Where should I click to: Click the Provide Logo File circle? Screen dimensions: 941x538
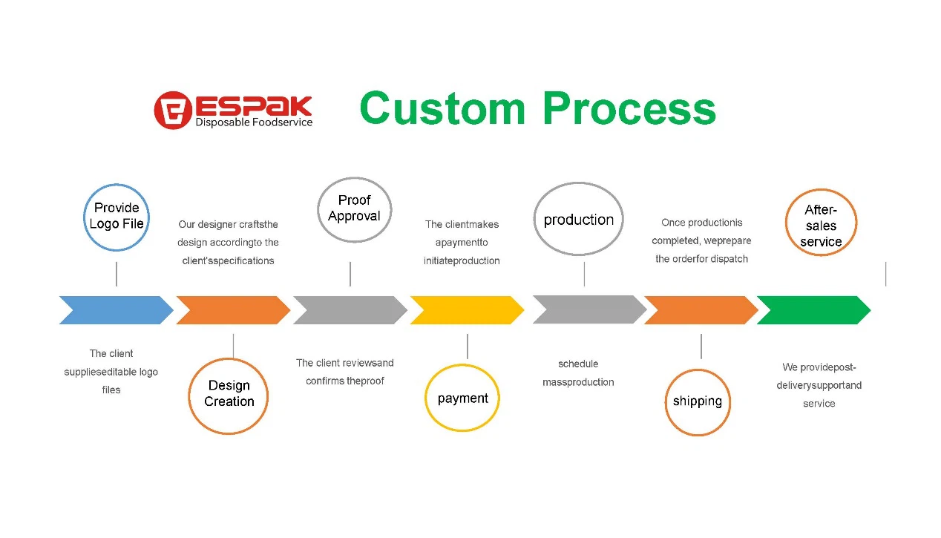coord(84,217)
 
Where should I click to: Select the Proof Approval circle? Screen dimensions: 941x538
coord(318,210)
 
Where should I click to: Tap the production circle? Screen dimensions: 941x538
coord(535,219)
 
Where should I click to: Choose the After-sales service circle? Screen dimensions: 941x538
coord(787,222)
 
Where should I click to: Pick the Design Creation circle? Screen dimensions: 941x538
coord(189,396)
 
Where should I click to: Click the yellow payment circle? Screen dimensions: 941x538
coord(426,397)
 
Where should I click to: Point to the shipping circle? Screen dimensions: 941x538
coord(666,402)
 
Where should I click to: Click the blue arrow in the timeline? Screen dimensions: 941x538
coord(117,310)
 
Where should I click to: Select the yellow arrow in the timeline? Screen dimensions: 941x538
coord(467,310)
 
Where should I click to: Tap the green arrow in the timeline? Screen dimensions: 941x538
coord(813,310)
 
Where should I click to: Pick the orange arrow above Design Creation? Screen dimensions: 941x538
coord(233,310)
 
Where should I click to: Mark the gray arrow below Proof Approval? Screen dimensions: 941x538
coord(350,310)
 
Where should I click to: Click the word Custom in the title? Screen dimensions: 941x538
coord(443,108)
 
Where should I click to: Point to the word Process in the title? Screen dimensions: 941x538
coord(629,108)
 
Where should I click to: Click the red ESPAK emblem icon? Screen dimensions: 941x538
coord(173,110)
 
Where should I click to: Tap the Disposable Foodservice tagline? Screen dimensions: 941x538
coord(254,122)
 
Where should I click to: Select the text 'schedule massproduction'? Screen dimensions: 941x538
coord(578,373)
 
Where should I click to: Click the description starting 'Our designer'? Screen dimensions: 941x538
coord(228,243)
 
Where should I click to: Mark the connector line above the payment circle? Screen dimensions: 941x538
coord(467,346)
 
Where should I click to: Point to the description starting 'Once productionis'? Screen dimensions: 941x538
coord(701,240)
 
